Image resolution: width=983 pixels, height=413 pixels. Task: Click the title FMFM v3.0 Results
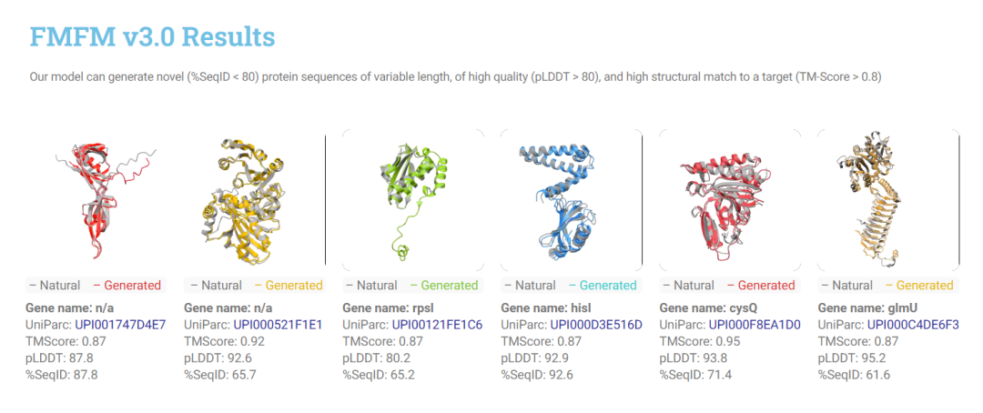[x=152, y=37]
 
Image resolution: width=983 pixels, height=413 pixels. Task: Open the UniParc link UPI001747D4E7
[x=120, y=325]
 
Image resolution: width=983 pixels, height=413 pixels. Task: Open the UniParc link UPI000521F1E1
[x=278, y=325]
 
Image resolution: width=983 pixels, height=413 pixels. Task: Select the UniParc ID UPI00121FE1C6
[x=437, y=325]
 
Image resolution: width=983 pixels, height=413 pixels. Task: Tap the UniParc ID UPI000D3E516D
[x=596, y=325]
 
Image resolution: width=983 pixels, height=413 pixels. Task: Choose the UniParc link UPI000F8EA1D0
[x=755, y=325]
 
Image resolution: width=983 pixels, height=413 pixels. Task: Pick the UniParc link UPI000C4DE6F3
[x=914, y=325]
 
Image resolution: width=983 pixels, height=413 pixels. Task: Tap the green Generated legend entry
[x=443, y=285]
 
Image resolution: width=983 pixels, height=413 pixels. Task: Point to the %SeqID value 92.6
[x=562, y=375]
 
